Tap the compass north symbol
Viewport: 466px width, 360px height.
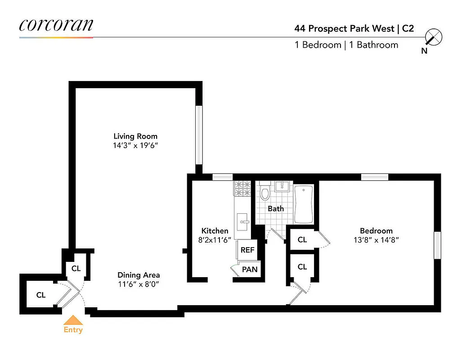click(434, 38)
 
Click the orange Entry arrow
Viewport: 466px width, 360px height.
click(73, 320)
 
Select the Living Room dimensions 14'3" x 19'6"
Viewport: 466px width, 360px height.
click(135, 145)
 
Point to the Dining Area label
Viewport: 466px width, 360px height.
click(139, 275)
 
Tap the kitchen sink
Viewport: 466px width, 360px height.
click(244, 221)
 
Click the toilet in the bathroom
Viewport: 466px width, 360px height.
click(265, 193)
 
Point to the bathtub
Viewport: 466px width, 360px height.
click(304, 205)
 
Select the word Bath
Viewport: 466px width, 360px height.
click(276, 209)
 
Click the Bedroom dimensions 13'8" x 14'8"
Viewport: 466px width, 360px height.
click(376, 240)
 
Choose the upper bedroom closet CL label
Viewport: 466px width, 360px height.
click(302, 240)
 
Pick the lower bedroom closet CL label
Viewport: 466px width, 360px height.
click(302, 267)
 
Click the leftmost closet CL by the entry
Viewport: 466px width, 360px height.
click(41, 295)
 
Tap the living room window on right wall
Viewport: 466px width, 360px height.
click(198, 135)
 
